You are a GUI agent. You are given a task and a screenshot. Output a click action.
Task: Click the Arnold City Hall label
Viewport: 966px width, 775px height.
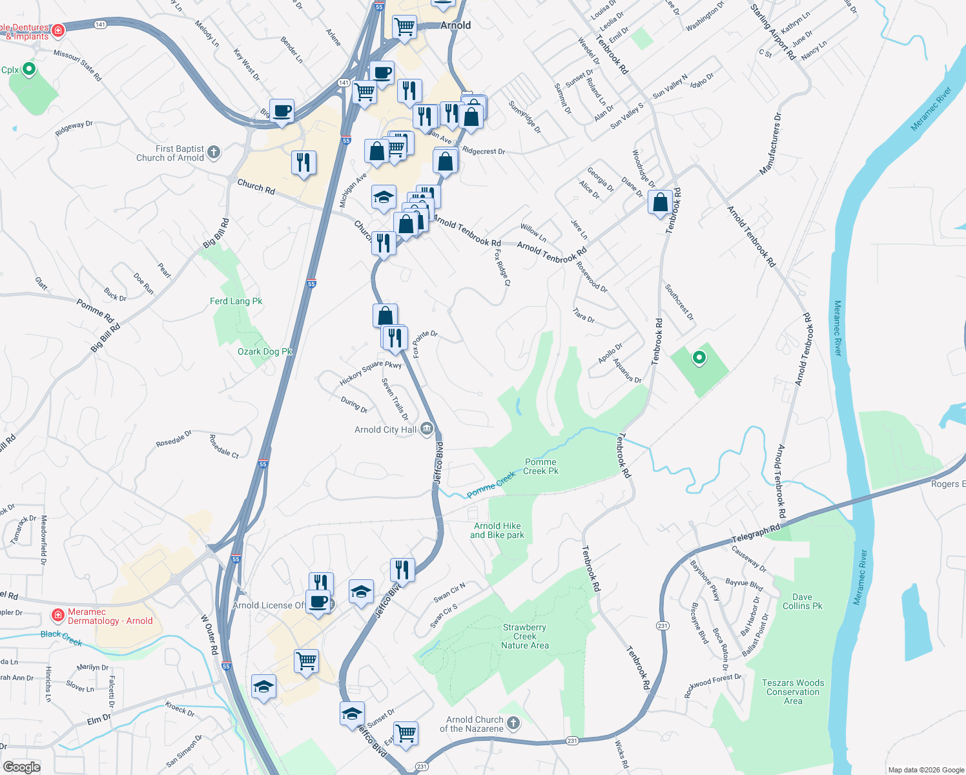point(385,429)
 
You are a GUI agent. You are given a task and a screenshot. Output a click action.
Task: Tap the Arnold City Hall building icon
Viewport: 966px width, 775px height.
point(426,429)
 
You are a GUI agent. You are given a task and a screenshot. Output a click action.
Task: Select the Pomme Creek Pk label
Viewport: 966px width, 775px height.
point(540,466)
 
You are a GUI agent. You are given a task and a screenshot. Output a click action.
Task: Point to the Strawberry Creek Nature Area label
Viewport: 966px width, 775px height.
point(524,636)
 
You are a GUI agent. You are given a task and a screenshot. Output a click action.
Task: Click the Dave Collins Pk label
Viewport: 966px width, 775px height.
point(803,601)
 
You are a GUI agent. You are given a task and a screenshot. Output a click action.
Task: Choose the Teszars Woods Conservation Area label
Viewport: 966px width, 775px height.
point(793,692)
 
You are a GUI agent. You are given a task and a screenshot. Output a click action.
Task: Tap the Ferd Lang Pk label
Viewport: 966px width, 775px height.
point(236,301)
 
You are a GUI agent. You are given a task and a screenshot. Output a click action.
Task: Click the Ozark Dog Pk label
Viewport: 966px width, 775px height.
point(265,351)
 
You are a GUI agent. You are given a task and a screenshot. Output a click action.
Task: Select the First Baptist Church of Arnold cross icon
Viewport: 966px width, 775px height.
point(214,152)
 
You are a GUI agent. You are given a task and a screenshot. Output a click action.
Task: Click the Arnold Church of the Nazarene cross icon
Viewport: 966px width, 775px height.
point(513,723)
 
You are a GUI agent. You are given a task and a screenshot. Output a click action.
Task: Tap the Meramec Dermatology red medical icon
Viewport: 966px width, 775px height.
point(58,614)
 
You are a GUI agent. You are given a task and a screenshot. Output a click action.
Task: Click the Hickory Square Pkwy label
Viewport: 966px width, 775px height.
point(371,373)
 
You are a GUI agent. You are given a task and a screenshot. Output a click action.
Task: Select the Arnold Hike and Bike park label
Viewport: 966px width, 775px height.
point(497,530)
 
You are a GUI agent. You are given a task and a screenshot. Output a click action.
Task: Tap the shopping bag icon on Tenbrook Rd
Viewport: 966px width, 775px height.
point(661,203)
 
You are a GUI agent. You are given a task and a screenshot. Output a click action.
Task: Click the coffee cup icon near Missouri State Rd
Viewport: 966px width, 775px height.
point(282,111)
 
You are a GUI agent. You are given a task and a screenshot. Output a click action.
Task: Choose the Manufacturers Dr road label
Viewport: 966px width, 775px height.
point(770,144)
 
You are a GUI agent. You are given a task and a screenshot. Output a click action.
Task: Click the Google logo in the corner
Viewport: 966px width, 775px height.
point(21,767)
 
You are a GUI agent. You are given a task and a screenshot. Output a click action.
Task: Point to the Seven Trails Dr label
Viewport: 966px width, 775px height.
point(395,398)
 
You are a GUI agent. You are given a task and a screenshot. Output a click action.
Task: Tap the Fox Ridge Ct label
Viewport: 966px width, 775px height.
point(502,268)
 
